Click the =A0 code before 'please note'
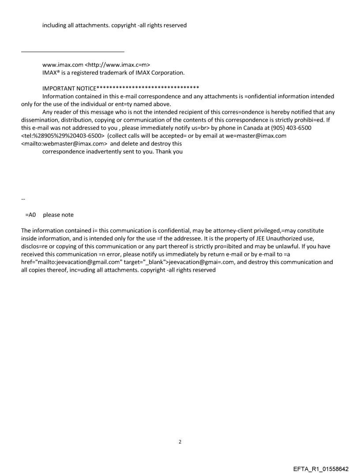coord(30,215)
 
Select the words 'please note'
coord(58,215)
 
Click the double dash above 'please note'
coord(23,199)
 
